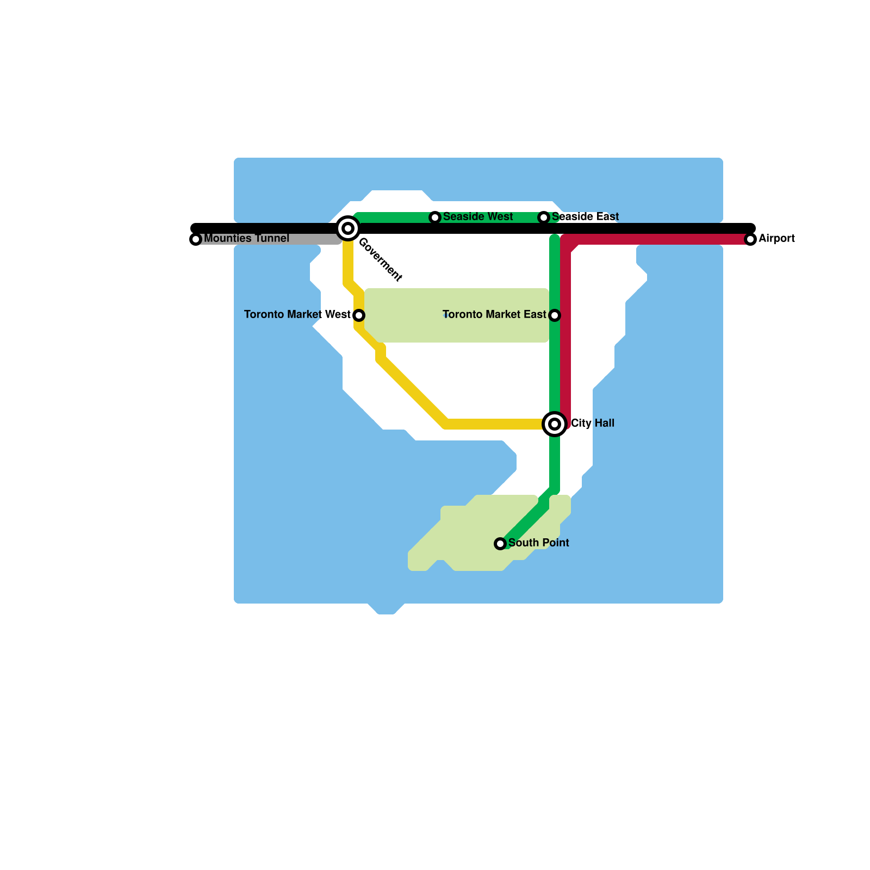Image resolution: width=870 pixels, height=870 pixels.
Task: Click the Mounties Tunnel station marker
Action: click(x=196, y=239)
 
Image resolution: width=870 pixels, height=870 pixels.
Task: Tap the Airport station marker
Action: click(x=750, y=239)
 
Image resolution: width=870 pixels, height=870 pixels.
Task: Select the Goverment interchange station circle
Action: click(x=348, y=228)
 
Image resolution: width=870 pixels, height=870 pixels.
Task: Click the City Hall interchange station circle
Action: click(x=555, y=424)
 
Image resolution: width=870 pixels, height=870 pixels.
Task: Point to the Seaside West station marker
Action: click(x=435, y=217)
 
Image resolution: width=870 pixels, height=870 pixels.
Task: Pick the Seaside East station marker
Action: click(x=544, y=217)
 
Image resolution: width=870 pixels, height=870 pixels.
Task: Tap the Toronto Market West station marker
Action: click(x=359, y=315)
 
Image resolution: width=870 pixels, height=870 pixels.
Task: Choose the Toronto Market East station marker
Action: click(x=555, y=315)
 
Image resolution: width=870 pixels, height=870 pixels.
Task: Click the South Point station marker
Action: click(x=500, y=544)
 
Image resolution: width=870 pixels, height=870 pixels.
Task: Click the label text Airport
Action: click(x=776, y=238)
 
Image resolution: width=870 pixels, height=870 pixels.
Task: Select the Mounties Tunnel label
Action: click(x=246, y=238)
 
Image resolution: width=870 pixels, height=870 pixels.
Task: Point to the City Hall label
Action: click(x=593, y=423)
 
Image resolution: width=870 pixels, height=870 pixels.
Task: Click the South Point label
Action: click(x=538, y=543)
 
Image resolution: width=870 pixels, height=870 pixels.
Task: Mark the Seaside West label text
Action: click(x=478, y=216)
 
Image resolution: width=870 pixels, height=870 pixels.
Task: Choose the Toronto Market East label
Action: click(x=494, y=314)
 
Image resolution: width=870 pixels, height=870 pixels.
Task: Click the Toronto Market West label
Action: click(x=297, y=314)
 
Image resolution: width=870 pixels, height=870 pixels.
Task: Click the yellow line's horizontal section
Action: click(x=495, y=424)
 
